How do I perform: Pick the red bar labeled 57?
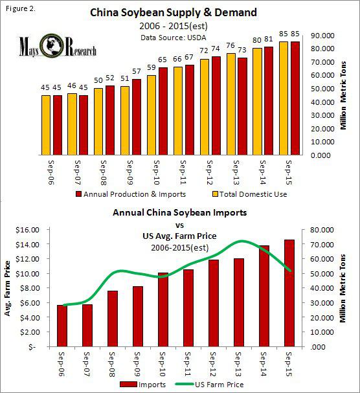pos(136,117)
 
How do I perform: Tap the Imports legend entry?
pos(148,384)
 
